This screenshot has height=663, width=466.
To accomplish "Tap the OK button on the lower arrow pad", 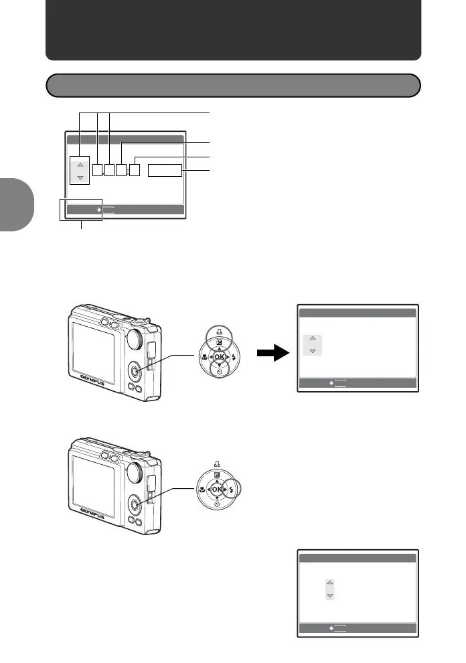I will (216, 490).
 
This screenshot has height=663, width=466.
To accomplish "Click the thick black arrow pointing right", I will (270, 354).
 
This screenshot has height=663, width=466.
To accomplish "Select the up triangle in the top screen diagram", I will (80, 164).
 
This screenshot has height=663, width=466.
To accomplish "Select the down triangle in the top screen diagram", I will (80, 178).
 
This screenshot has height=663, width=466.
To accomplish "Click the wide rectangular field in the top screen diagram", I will (165, 170).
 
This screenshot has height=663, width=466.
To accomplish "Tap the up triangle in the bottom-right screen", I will (329, 583).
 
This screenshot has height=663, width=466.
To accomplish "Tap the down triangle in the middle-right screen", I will (312, 350).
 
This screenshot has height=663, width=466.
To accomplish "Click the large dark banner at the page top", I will (233, 30).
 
